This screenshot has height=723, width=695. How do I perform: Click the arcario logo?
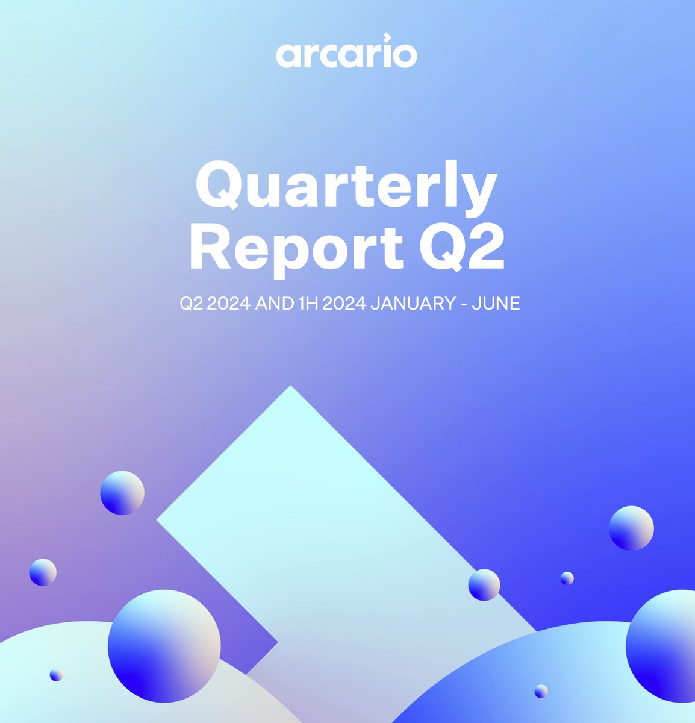[346, 54]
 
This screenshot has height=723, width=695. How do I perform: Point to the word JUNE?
[496, 304]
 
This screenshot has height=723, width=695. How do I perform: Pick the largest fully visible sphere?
[164, 646]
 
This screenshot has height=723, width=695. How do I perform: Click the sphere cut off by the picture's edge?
[662, 646]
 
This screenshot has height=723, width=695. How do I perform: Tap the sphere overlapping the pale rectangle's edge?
[484, 584]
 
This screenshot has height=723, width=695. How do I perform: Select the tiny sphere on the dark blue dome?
[541, 691]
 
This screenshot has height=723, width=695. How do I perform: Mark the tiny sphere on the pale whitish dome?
[56, 675]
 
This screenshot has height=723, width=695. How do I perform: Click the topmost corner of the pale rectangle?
[291, 387]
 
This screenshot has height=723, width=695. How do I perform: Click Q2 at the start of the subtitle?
[190, 304]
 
